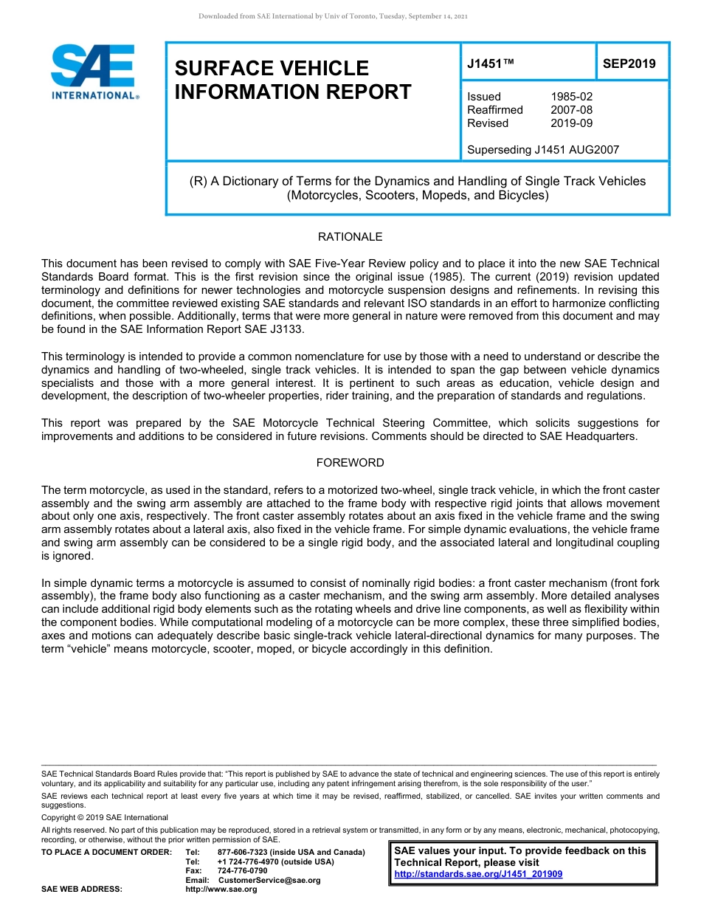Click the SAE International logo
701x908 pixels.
tap(94, 72)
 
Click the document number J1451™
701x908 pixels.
tap(490, 64)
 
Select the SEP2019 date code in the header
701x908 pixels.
tap(629, 64)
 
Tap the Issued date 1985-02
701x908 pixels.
tap(571, 97)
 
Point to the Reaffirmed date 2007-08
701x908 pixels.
tap(571, 110)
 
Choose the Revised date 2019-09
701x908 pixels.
tap(571, 123)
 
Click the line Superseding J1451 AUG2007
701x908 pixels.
tap(542, 150)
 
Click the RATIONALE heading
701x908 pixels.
tap(350, 237)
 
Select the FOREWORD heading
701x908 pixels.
tap(350, 463)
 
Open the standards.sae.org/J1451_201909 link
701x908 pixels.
tap(478, 874)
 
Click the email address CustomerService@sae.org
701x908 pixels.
tap(269, 880)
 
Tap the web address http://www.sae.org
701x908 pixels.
tap(221, 890)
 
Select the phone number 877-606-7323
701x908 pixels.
tap(244, 852)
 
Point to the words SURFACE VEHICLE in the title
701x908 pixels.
tap(271, 69)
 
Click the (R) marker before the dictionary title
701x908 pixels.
tap(198, 181)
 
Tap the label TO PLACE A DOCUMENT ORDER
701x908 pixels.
tap(106, 852)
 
